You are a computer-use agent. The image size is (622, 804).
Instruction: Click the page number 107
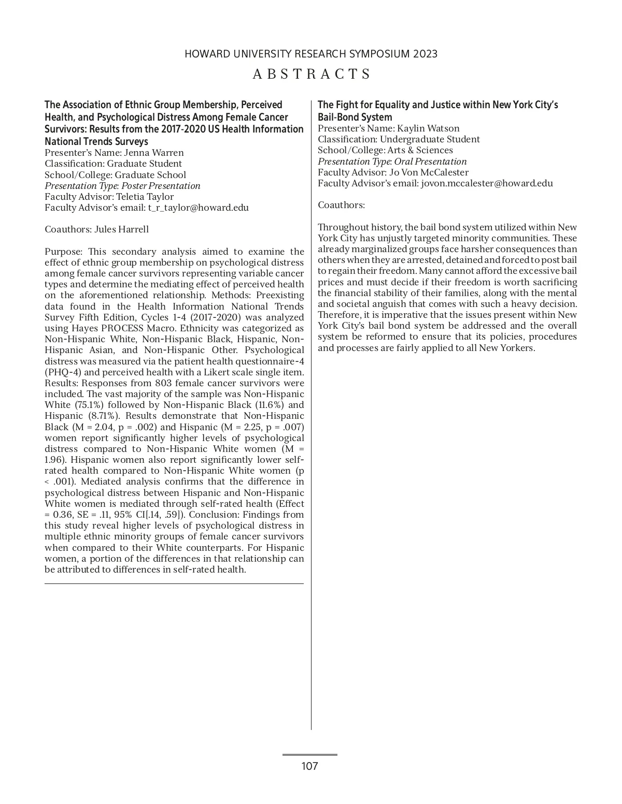(x=309, y=766)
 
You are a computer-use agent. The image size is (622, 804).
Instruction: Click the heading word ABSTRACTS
(x=312, y=74)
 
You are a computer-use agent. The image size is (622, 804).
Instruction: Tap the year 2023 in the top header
(x=425, y=54)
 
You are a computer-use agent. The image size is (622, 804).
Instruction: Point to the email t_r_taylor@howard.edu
(x=198, y=208)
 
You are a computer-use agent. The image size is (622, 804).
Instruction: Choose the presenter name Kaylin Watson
(x=428, y=128)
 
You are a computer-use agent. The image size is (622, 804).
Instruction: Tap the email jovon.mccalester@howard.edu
(x=487, y=183)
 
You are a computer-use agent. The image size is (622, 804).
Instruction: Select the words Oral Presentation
(x=430, y=162)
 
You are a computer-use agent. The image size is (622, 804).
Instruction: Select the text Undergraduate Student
(x=430, y=139)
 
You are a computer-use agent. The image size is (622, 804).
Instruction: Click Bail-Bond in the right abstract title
(x=337, y=117)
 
